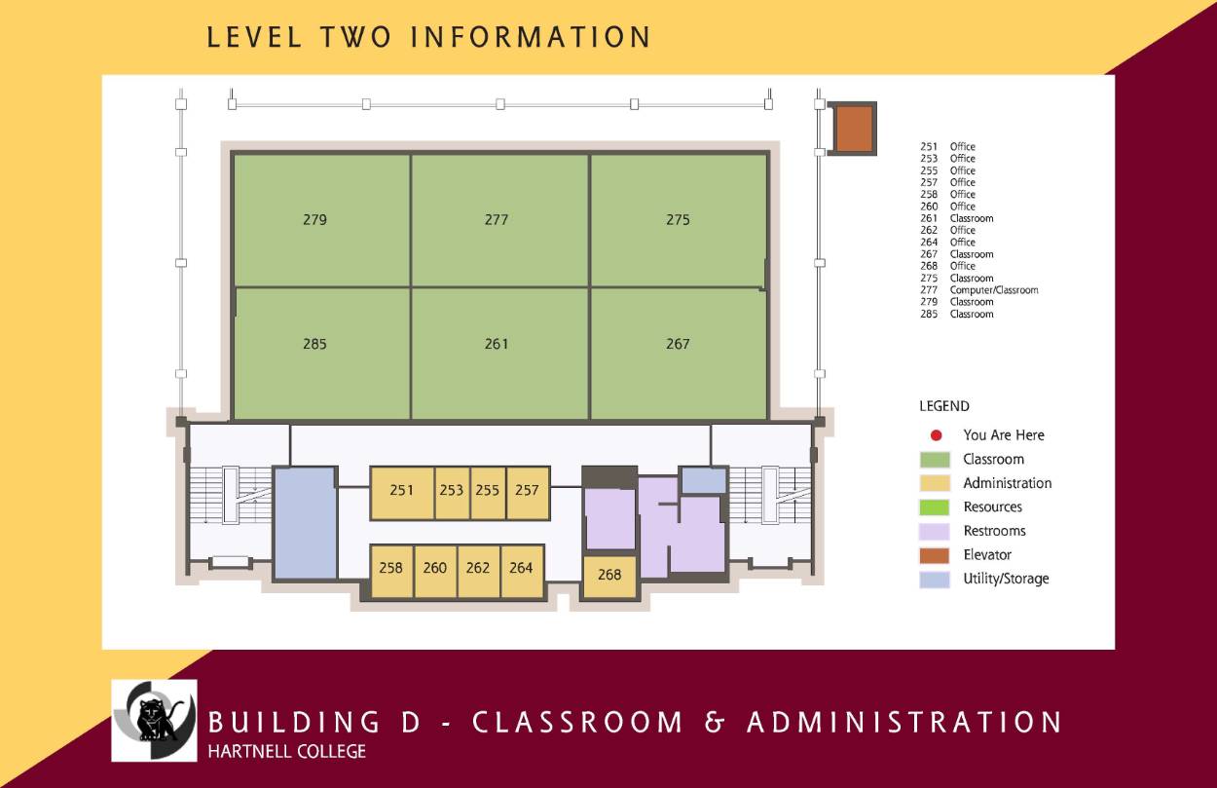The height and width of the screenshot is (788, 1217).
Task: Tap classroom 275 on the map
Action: (x=678, y=220)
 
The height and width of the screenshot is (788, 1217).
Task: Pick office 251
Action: (x=401, y=491)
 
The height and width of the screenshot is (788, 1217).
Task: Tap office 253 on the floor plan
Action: (x=452, y=491)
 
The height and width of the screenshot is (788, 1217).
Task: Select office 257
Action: (x=527, y=491)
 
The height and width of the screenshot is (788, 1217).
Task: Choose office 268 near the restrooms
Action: (x=609, y=576)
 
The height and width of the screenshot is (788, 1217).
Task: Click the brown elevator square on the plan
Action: (x=854, y=128)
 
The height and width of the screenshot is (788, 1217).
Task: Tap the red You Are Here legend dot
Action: (x=935, y=435)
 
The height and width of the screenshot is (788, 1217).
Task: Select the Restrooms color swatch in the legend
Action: (x=935, y=531)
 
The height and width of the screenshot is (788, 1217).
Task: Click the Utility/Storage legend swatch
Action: (x=935, y=579)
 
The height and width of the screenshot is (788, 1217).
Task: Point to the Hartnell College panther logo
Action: (x=154, y=720)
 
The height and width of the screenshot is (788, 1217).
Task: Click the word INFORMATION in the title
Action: (x=531, y=38)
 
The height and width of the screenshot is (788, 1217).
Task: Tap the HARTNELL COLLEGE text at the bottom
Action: (x=287, y=752)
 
